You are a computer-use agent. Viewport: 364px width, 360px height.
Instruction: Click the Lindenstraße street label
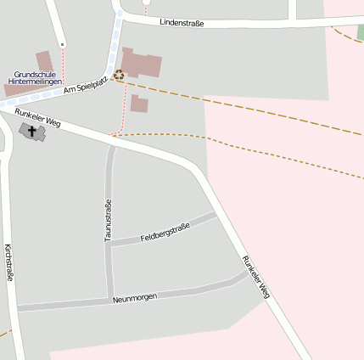coord(182,23)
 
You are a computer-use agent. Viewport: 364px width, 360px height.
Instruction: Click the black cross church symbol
coord(32,132)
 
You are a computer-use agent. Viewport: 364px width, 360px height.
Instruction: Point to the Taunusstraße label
coord(108,220)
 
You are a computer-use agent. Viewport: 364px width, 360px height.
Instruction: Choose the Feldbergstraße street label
coord(164,230)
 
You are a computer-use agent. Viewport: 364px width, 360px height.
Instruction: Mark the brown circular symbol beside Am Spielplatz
coord(119,75)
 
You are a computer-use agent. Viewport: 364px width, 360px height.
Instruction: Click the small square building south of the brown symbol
coord(139,104)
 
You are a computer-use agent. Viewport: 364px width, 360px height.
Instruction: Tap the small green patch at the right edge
coord(361,32)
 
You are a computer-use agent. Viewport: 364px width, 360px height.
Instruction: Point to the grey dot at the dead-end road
coord(63,44)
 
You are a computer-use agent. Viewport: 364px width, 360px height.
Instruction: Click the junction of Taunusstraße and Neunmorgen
coord(110,299)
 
